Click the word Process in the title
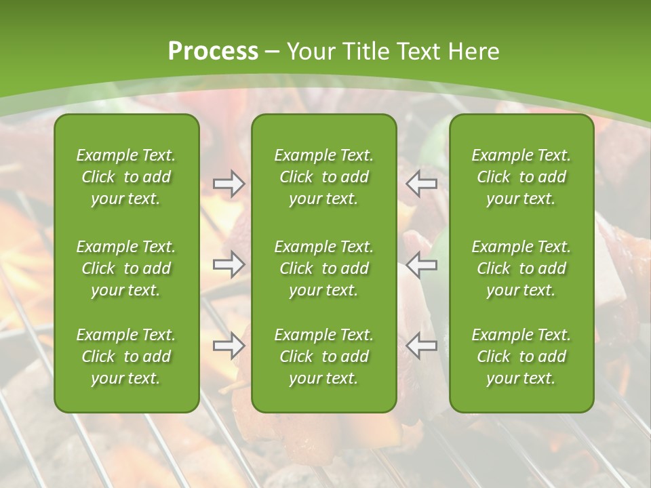(x=213, y=52)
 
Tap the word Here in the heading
(x=472, y=52)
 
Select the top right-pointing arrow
(x=229, y=183)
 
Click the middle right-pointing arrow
(x=229, y=265)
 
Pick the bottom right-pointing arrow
(x=229, y=346)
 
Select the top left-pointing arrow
(x=422, y=183)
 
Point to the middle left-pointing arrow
(x=422, y=265)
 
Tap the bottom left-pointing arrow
(x=422, y=346)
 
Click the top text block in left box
(x=126, y=177)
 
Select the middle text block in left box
(x=126, y=268)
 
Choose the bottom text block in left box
(x=126, y=357)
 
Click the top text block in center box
(x=323, y=177)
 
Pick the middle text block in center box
(x=323, y=268)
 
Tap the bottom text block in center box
(x=323, y=357)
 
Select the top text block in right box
(x=521, y=177)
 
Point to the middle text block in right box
(x=521, y=268)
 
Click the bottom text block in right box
(x=521, y=357)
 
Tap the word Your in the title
(x=309, y=52)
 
